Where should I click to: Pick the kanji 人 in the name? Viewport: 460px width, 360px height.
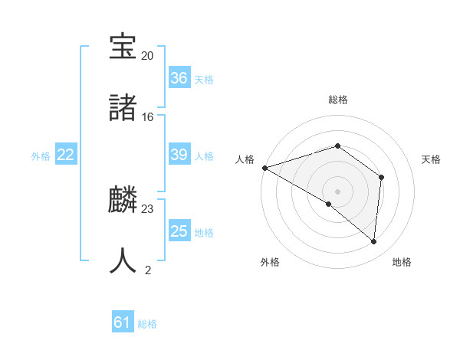(123, 260)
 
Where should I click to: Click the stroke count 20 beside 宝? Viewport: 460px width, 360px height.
(147, 56)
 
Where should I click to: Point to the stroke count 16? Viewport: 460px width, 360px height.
(147, 117)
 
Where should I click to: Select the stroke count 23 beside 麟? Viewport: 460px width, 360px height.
(147, 209)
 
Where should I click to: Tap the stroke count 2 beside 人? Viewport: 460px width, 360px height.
(147, 270)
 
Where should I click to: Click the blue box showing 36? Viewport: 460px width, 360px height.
(179, 78)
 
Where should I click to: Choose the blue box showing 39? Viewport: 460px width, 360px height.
(179, 155)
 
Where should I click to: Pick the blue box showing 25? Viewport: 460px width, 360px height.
(179, 231)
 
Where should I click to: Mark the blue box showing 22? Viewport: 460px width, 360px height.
(66, 155)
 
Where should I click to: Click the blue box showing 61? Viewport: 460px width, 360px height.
(123, 323)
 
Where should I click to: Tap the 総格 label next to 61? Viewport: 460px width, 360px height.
(147, 324)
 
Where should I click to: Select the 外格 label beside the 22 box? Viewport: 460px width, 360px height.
(41, 156)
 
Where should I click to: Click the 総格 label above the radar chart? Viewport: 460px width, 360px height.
(337, 100)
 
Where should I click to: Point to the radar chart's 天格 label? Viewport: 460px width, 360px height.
(432, 159)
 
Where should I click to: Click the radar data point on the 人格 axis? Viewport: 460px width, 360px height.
(264, 167)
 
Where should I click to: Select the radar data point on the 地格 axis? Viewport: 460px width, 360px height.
(373, 241)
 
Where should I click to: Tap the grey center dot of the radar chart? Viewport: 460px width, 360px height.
(337, 191)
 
